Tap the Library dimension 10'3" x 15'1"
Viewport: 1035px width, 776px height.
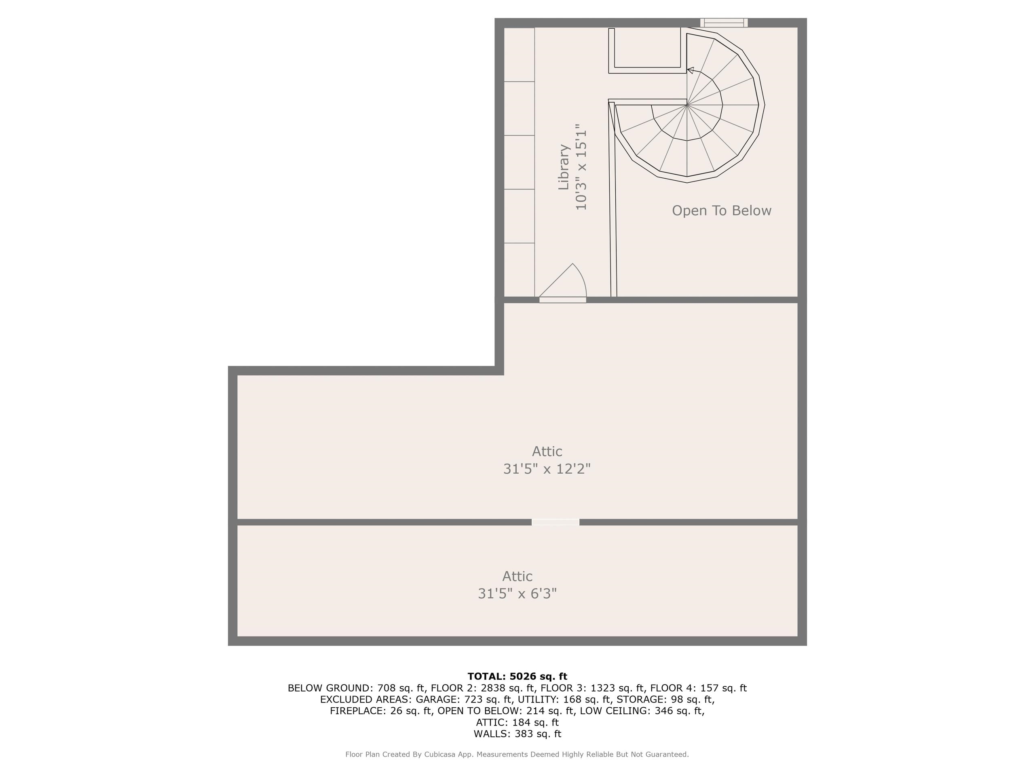pyautogui.click(x=581, y=167)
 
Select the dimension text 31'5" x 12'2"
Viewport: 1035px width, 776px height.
pyautogui.click(x=547, y=469)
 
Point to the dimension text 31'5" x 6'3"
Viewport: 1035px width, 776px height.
pyautogui.click(x=517, y=594)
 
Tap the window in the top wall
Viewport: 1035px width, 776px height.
pyautogui.click(x=723, y=23)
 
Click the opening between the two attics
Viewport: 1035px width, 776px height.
pyautogui.click(x=556, y=522)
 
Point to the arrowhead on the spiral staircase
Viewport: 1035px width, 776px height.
pyautogui.click(x=690, y=70)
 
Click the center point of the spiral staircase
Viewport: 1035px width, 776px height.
pyautogui.click(x=686, y=105)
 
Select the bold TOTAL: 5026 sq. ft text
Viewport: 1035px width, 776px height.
pyautogui.click(x=517, y=676)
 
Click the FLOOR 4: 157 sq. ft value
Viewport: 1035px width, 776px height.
pyautogui.click(x=698, y=688)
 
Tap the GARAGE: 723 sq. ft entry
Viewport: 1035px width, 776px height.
pyautogui.click(x=464, y=699)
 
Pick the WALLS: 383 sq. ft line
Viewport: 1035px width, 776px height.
pyautogui.click(x=517, y=734)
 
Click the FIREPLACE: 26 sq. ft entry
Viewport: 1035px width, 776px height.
pyautogui.click(x=381, y=711)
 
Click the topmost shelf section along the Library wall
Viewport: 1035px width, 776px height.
pyautogui.click(x=519, y=55)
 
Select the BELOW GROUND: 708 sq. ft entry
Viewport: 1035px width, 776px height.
pyautogui.click(x=356, y=688)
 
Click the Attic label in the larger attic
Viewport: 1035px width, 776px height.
pyautogui.click(x=547, y=451)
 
